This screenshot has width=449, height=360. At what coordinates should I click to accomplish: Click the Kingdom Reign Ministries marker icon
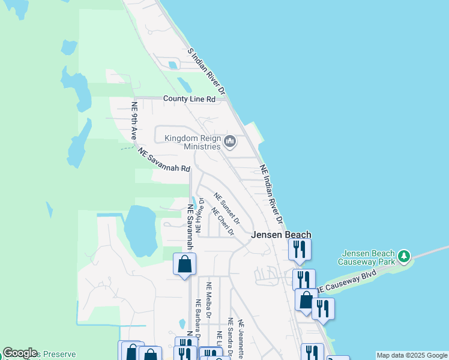click(x=229, y=142)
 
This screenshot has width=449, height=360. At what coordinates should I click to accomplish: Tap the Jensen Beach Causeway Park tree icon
click(x=405, y=256)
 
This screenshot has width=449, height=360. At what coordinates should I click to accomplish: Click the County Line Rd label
click(x=189, y=99)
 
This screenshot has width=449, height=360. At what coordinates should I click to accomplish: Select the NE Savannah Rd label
click(x=164, y=160)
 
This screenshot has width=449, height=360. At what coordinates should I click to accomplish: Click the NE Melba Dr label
click(x=209, y=300)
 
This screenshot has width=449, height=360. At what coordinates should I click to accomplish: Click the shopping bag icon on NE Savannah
click(x=184, y=264)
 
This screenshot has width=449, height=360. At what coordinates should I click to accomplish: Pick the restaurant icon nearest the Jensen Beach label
click(x=300, y=248)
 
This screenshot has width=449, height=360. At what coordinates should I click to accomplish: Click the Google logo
click(x=20, y=353)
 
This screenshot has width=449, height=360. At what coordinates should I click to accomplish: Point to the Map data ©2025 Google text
click(x=411, y=355)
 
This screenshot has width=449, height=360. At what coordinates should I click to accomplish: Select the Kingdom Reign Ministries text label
click(x=192, y=143)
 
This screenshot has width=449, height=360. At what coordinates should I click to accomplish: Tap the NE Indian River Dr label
click(x=271, y=191)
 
